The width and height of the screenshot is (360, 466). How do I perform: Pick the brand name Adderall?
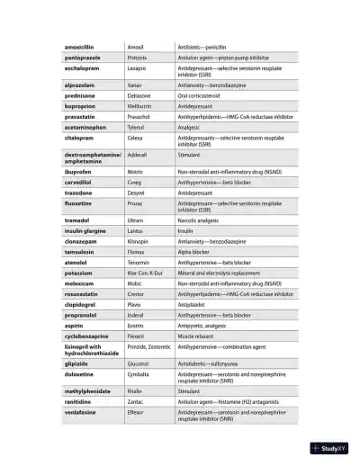(x=139, y=155)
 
